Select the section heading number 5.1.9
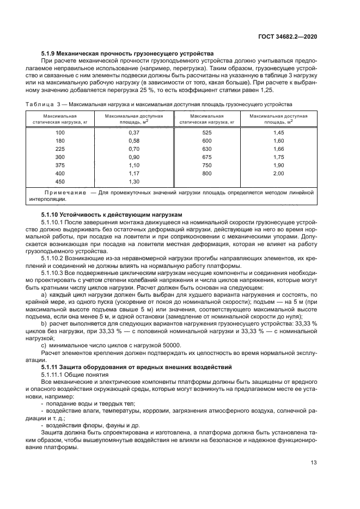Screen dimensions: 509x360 pyautogui.click(x=50, y=53)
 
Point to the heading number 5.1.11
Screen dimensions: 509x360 pyautogui.click(x=51, y=367)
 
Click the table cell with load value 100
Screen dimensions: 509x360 pyautogui.click(x=60, y=133)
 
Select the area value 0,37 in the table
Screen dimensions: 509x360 pyautogui.click(x=134, y=133)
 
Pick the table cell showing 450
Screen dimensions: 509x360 pyautogui.click(x=60, y=181)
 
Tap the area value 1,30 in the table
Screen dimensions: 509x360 pyautogui.click(x=134, y=181)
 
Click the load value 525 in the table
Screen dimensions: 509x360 pyautogui.click(x=206, y=133)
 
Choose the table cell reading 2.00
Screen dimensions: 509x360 pyautogui.click(x=278, y=173)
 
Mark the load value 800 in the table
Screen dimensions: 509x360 pyautogui.click(x=206, y=173)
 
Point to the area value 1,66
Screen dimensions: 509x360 pyautogui.click(x=278, y=149)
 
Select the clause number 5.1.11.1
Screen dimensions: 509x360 pyautogui.click(x=53, y=375)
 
